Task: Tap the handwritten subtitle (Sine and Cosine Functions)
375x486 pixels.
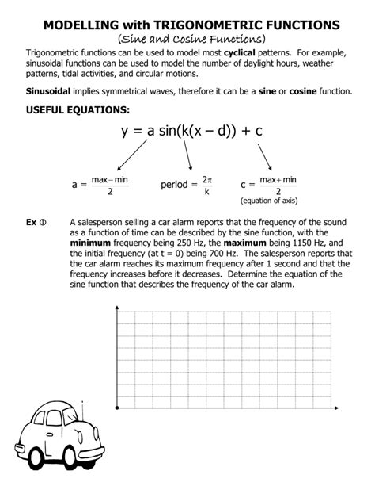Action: pos(187,39)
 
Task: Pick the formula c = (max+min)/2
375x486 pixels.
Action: pos(269,186)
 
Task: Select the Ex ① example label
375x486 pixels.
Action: pos(35,223)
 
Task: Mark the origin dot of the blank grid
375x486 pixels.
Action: pos(118,408)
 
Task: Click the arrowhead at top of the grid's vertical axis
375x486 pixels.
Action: pos(118,304)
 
